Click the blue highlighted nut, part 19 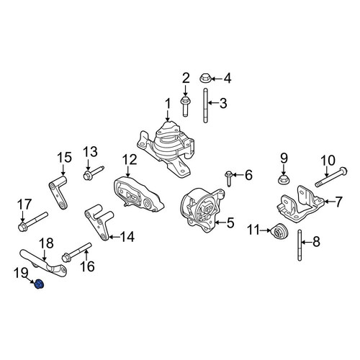click(x=39, y=284)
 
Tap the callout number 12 click(x=130, y=160)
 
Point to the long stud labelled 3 click(x=205, y=106)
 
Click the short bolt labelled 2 click(x=184, y=106)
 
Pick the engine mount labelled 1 click(x=166, y=150)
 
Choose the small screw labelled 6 click(x=229, y=179)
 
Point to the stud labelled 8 click(x=300, y=245)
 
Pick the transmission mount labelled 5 click(x=203, y=210)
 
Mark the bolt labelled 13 click(x=94, y=173)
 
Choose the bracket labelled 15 click(x=58, y=192)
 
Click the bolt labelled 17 click(x=32, y=220)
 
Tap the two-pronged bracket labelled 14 click(x=99, y=222)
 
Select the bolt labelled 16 click(x=76, y=253)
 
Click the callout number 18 click(x=46, y=243)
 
